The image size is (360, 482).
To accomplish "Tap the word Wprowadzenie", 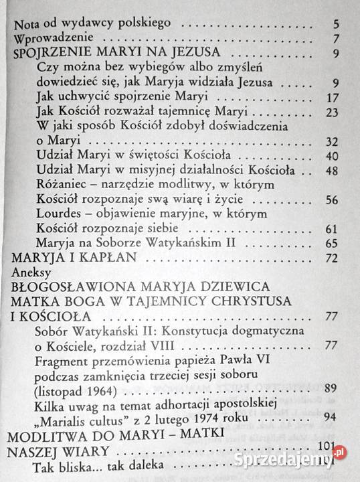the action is pyautogui.click(x=51, y=38).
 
